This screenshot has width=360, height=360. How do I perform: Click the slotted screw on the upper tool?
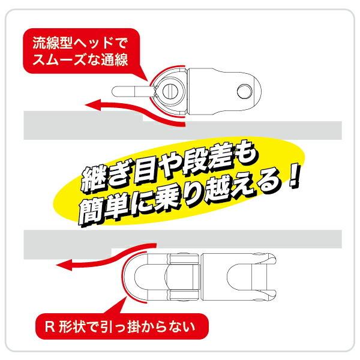[169, 91]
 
